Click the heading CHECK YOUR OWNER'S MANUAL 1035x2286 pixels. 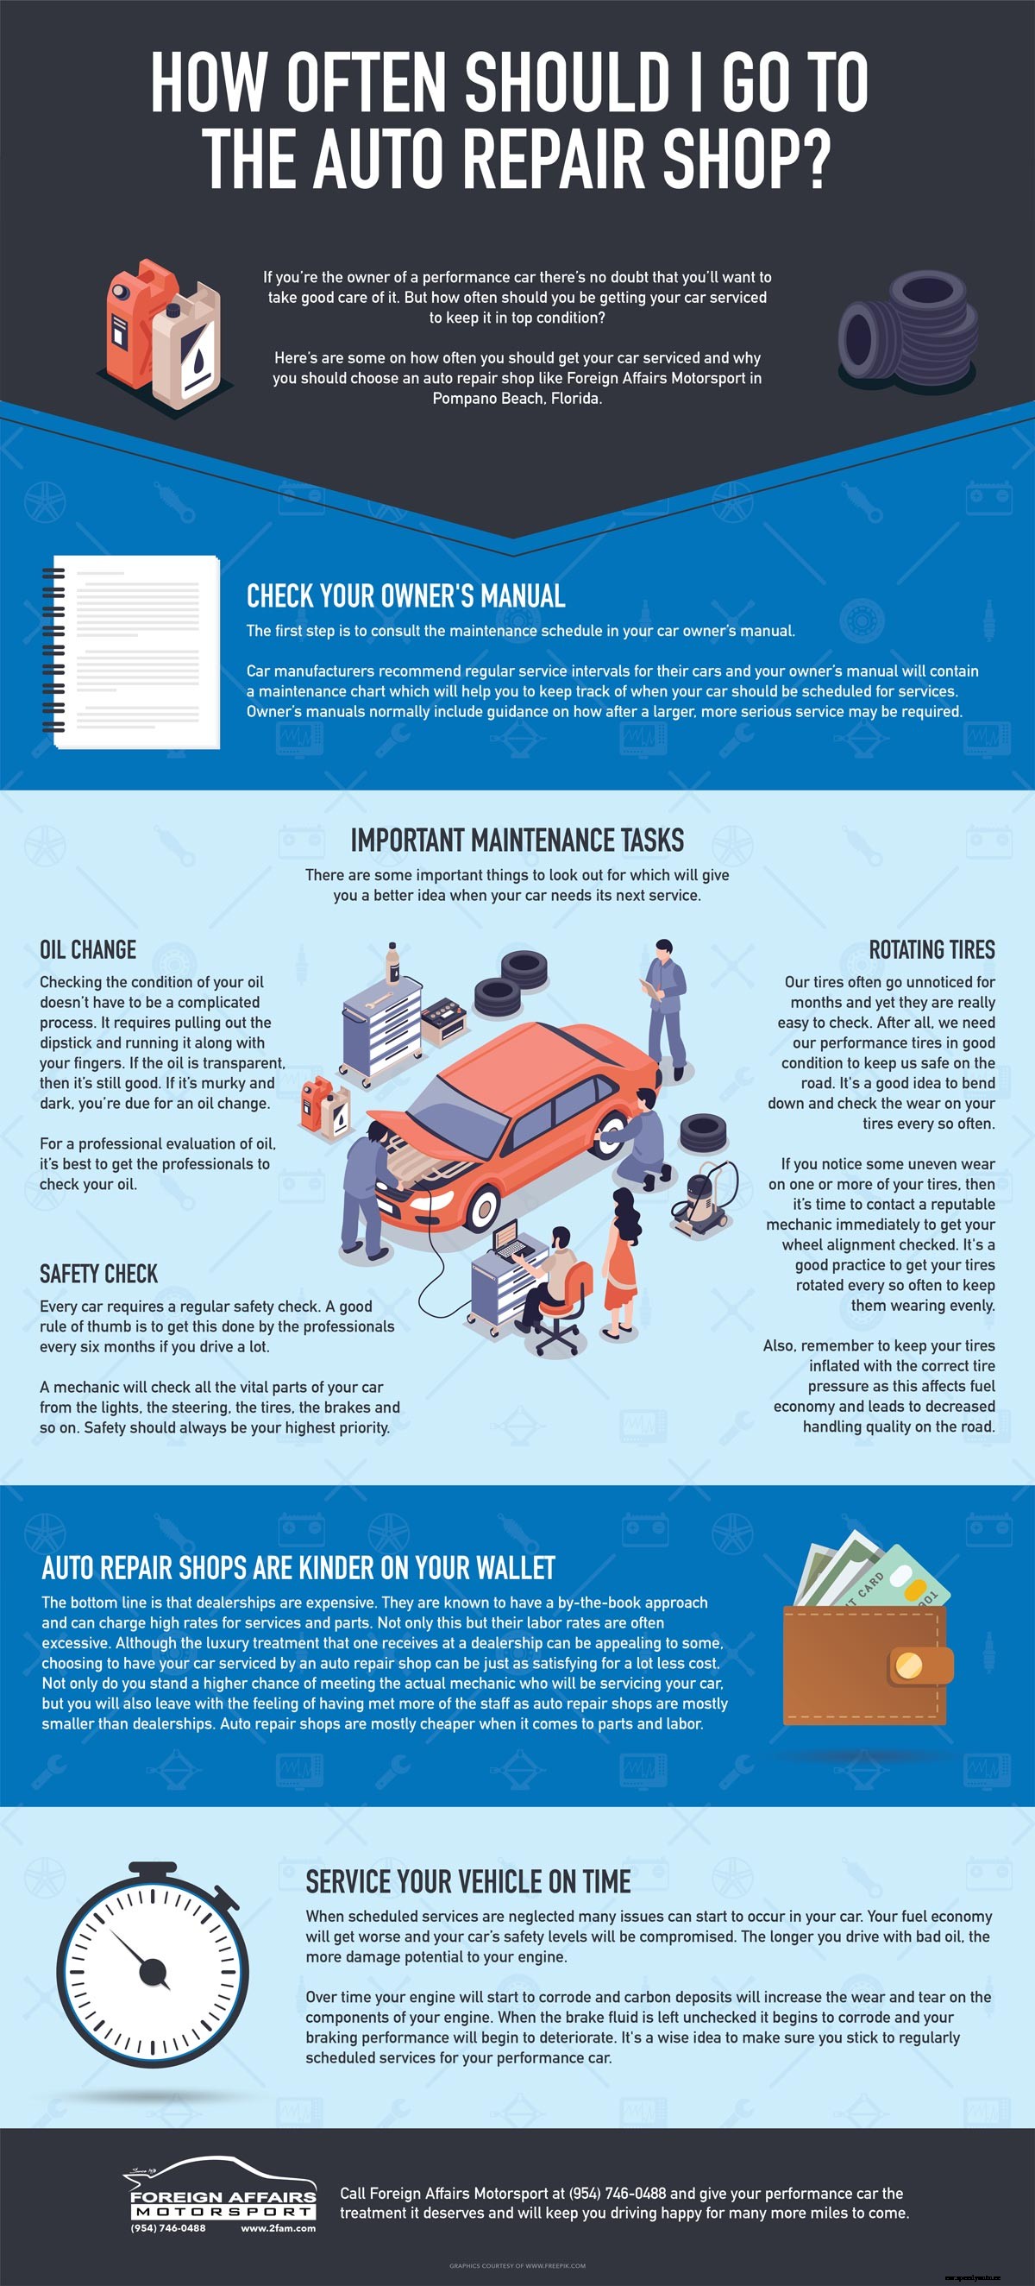[405, 596]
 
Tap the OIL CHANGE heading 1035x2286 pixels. [88, 949]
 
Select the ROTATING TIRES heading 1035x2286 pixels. [931, 949]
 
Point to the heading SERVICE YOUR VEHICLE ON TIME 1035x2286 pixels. [468, 1881]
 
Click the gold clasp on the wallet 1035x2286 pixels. [908, 1665]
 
